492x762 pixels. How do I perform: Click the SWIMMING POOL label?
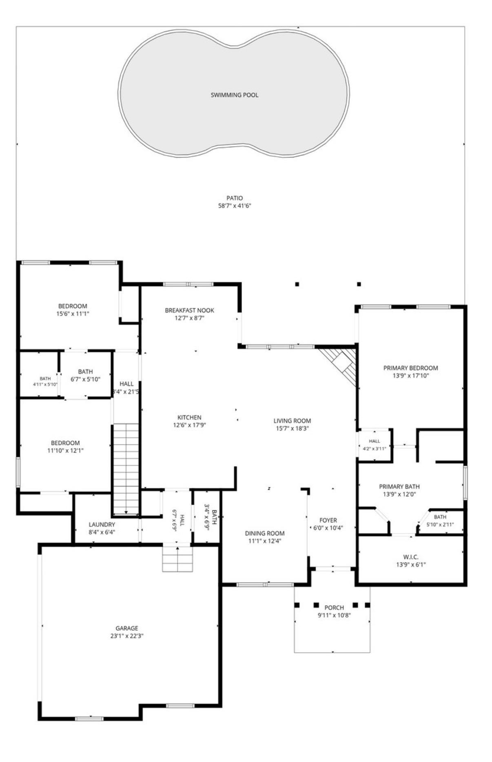tap(234, 95)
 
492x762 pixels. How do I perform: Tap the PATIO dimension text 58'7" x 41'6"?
tap(234, 206)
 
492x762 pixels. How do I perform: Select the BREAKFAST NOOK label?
tap(189, 310)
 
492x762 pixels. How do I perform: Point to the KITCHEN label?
tap(189, 417)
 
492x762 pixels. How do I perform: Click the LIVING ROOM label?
tap(292, 421)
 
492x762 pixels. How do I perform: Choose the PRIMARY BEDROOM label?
tap(410, 368)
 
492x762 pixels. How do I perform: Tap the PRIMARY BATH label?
tap(399, 487)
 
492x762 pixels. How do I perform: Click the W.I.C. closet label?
tap(410, 557)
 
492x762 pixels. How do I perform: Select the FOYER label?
tap(328, 520)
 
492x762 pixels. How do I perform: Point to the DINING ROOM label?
tap(265, 533)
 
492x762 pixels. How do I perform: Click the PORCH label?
tap(334, 608)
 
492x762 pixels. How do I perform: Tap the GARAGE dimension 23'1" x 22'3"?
tap(126, 636)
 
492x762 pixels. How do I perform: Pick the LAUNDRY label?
tap(102, 524)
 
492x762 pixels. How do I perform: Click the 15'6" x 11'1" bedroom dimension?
tap(73, 314)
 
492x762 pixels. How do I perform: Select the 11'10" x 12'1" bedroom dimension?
tap(65, 451)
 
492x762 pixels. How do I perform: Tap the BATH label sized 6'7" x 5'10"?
tap(85, 371)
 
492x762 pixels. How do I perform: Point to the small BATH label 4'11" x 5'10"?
tap(45, 379)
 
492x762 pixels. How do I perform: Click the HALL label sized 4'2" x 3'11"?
tap(374, 441)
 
